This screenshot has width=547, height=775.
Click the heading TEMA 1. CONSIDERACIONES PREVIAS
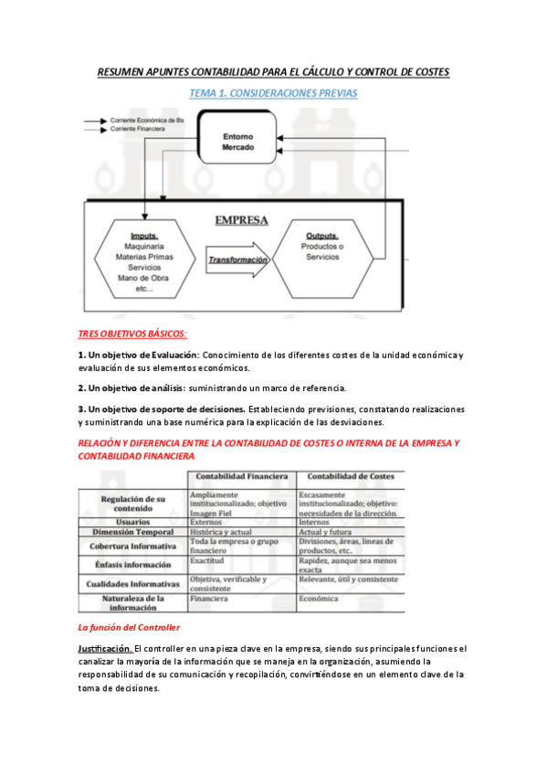[x=273, y=93]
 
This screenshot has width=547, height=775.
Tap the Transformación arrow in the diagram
[x=237, y=259]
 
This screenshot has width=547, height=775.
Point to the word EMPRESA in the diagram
[x=241, y=220]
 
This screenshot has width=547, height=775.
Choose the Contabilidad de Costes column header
[x=351, y=476]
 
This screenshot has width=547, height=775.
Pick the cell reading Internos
[x=315, y=521]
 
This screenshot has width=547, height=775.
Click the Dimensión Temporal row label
[x=133, y=531]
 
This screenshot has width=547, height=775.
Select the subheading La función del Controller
[x=129, y=627]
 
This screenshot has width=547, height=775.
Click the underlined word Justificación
[x=103, y=648]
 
